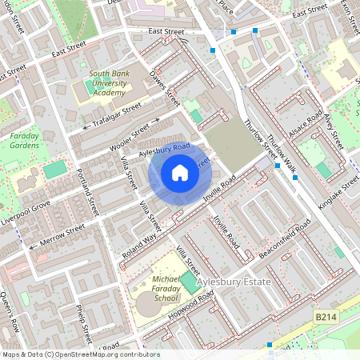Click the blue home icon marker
180,173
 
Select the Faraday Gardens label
24,142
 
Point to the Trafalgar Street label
117,115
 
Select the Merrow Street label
64,232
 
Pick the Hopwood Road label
192,306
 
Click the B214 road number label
325,318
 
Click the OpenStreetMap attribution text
80,354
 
